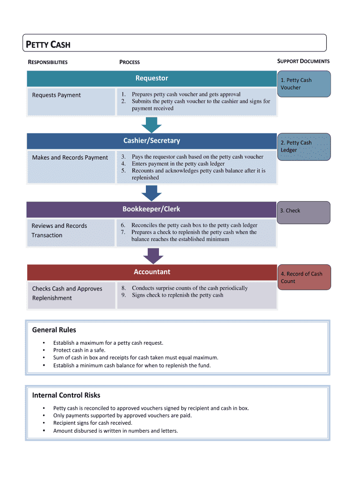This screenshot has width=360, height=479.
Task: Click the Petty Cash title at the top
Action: tap(48, 45)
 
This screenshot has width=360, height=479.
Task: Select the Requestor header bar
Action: tap(151, 78)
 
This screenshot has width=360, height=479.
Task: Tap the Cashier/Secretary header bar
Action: tap(151, 141)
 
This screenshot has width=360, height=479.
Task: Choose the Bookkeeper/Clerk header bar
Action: tap(151, 209)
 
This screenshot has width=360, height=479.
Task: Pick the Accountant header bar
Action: tap(151, 272)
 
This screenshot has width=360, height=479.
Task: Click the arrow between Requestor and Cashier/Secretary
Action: tap(151, 125)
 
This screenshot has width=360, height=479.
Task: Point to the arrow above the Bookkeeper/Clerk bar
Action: tap(151, 193)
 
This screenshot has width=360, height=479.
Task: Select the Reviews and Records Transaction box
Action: tap(71, 232)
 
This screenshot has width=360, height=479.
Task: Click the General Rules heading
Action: tap(54, 330)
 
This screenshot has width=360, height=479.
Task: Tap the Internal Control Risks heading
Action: tap(66, 395)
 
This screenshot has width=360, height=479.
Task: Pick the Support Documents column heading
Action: tap(303, 61)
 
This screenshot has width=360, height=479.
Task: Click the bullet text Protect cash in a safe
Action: tap(79, 350)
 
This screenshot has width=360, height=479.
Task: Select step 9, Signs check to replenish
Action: tap(177, 295)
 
